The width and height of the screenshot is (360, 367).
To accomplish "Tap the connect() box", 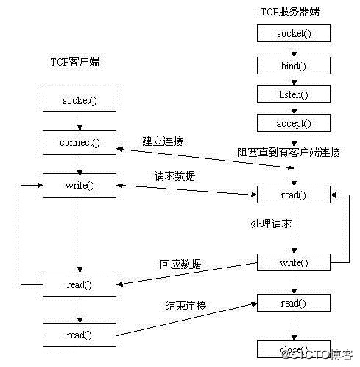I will [79, 141].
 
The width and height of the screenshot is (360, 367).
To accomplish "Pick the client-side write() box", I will [79, 185].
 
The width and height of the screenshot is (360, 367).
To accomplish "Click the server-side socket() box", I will [294, 33].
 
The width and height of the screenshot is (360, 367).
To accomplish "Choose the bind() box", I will [294, 65].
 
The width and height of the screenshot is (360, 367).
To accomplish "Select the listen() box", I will [294, 95].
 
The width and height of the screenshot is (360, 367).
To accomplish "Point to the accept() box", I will [294, 124].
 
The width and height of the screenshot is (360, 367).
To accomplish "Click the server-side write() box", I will [294, 262].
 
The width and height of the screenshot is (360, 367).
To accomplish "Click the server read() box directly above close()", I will [294, 303].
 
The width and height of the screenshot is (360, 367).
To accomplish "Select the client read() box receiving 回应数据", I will [79, 284].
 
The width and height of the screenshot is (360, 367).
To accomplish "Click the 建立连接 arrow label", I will [163, 140].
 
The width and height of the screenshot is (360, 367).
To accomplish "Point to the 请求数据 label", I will [175, 176].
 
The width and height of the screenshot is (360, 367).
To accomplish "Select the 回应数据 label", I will [180, 264].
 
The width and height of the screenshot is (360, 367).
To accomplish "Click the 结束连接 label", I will [185, 305].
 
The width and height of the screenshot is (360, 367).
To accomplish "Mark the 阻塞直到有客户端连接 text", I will [289, 153].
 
